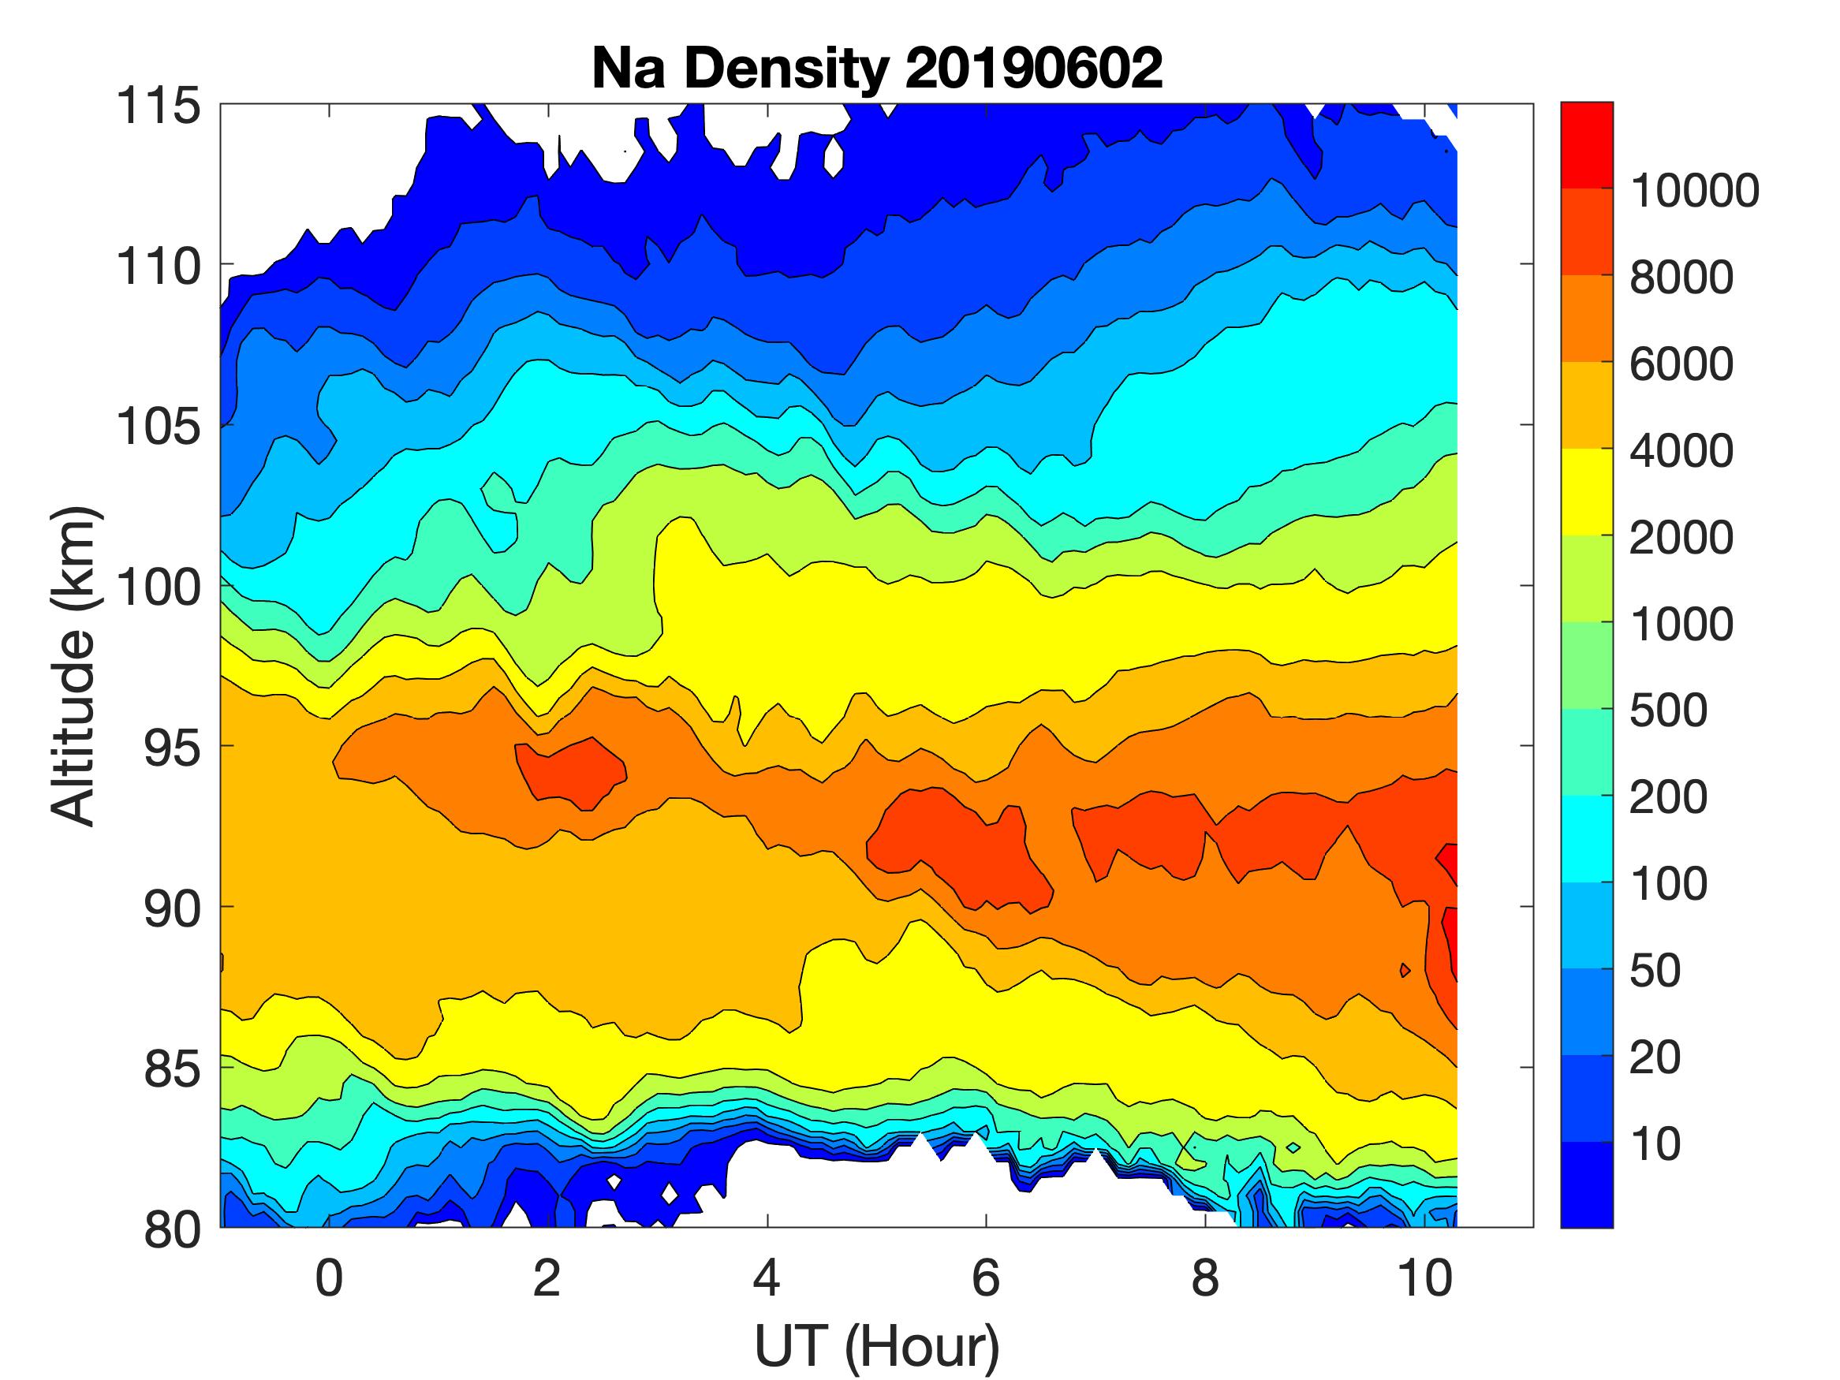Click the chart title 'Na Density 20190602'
point(877,68)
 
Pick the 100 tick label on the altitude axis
point(159,587)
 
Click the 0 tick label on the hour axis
point(330,1278)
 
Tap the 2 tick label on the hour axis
point(547,1278)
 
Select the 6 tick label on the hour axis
point(986,1278)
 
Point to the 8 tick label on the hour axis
point(1205,1278)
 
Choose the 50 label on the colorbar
point(1655,970)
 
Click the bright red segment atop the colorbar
point(1586,145)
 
